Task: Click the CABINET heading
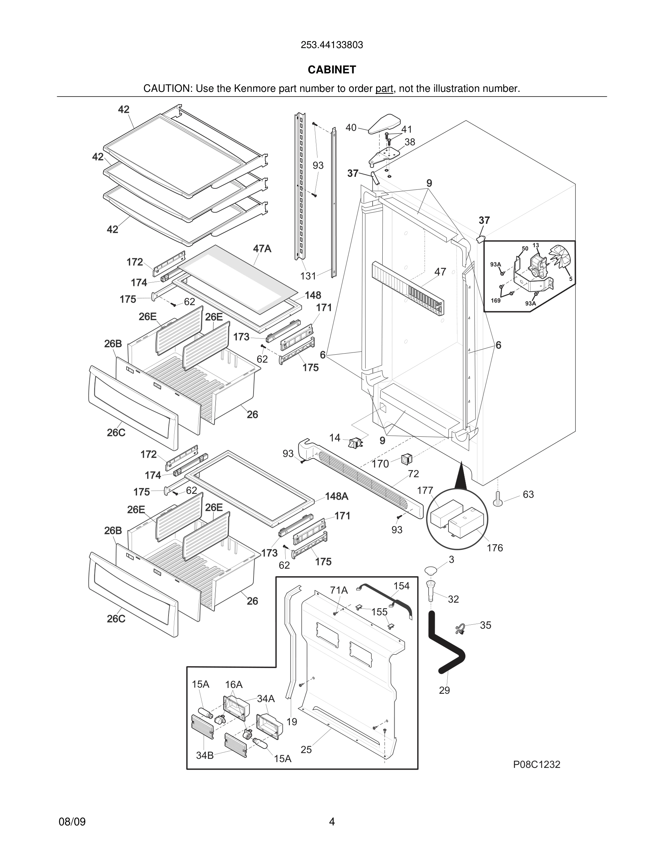(x=332, y=70)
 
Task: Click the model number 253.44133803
(x=332, y=45)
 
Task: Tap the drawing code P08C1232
(x=536, y=764)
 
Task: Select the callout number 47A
(x=262, y=249)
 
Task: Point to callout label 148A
(x=336, y=496)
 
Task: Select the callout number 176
(x=494, y=548)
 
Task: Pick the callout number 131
(x=308, y=276)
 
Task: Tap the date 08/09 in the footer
(x=72, y=822)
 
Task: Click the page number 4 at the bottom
(x=332, y=822)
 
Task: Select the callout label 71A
(x=339, y=590)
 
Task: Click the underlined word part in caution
(x=384, y=89)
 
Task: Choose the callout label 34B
(x=205, y=755)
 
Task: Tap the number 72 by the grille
(x=413, y=474)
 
